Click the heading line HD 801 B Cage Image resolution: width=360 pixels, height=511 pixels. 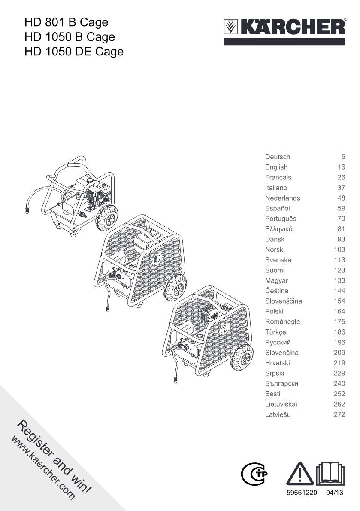point(67,22)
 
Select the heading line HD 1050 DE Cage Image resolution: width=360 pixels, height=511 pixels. point(74,52)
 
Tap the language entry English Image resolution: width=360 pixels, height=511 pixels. point(276,167)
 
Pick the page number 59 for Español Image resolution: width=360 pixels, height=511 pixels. point(341,208)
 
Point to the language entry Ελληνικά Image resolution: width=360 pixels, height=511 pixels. point(279,229)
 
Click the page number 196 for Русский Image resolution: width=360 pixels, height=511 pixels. point(339,342)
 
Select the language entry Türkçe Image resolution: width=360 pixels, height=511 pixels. point(276,332)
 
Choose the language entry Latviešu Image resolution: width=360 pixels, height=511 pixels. point(278,414)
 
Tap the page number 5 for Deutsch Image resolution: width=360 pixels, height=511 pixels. point(343,157)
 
